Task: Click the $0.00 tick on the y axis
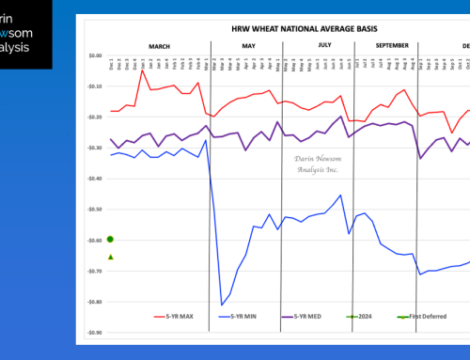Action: [x=92, y=55]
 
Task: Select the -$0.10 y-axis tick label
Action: [x=91, y=86]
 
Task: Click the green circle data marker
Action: [x=110, y=239]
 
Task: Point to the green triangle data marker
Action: [x=110, y=257]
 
